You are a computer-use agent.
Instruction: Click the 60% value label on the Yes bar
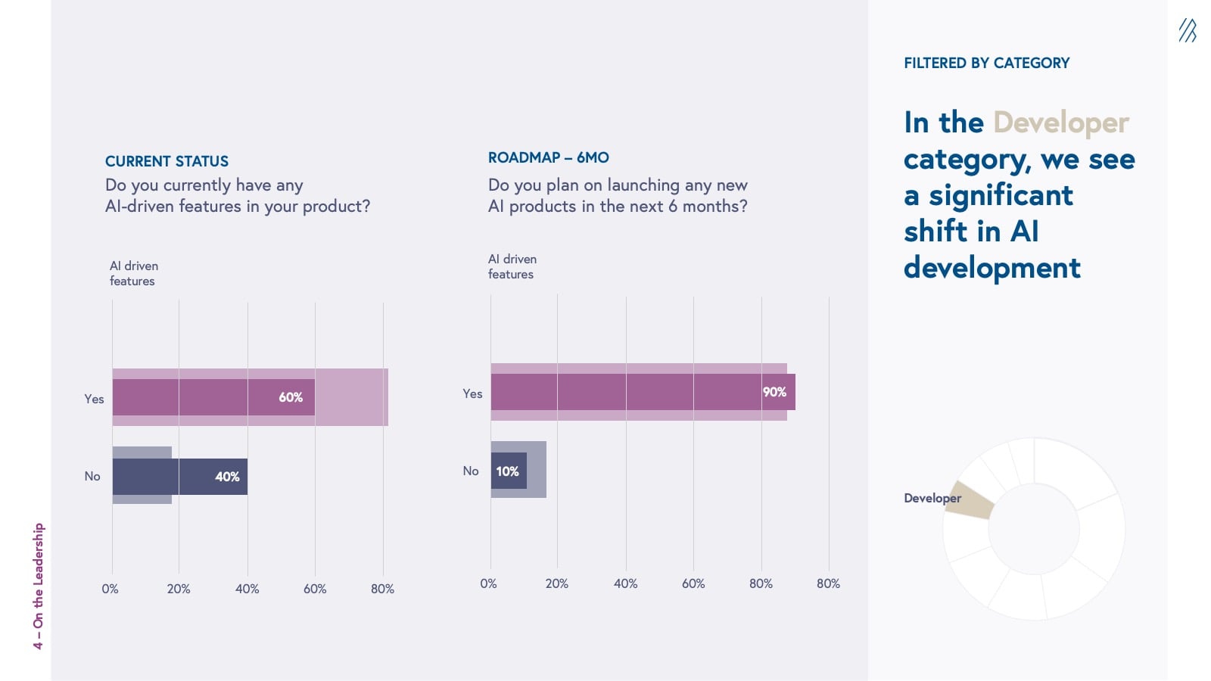coord(291,397)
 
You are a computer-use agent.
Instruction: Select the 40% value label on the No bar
coord(227,477)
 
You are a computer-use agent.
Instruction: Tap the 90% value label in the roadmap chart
coord(774,392)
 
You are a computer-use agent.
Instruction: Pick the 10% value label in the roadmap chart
coord(507,471)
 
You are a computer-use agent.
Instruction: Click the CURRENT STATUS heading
coord(167,161)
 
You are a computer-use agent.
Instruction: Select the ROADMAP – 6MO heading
coord(548,157)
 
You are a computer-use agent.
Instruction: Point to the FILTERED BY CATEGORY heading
coord(986,63)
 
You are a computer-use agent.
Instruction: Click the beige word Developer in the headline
coord(1060,123)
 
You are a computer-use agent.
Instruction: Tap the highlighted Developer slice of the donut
coord(970,501)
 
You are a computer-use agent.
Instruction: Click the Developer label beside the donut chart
coord(932,498)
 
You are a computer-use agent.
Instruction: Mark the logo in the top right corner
coord(1187,30)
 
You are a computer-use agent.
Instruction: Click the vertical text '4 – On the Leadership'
coord(39,586)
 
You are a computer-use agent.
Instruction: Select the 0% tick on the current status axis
coord(110,589)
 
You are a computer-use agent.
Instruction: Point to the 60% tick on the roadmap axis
coord(693,583)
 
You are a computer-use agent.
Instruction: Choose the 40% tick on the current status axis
coord(247,589)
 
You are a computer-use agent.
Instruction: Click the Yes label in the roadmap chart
coord(472,393)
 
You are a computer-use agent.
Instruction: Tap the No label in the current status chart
coord(92,476)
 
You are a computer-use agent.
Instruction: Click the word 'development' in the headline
coord(992,268)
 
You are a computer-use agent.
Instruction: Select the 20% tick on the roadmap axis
coord(556,583)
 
